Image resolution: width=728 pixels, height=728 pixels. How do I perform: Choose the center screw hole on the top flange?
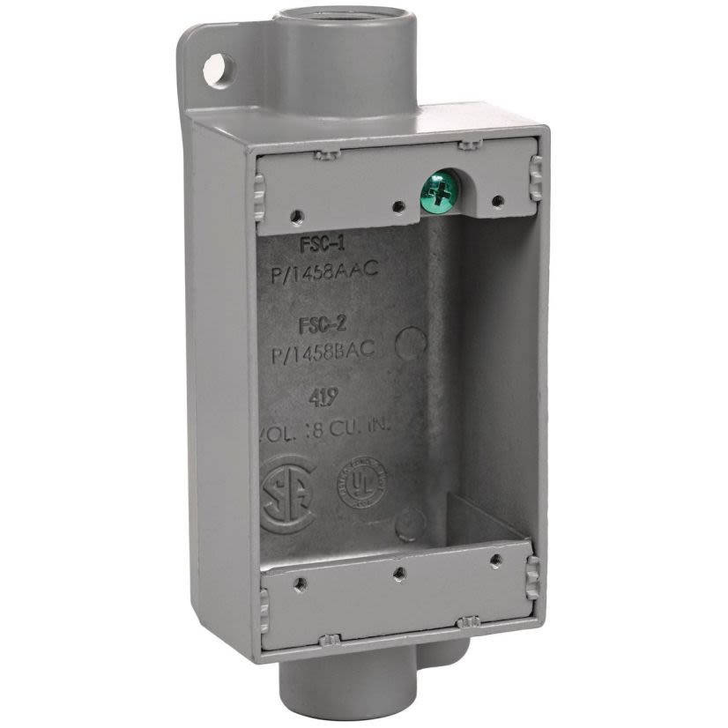(x=399, y=207)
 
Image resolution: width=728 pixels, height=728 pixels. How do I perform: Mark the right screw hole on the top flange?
(x=497, y=200)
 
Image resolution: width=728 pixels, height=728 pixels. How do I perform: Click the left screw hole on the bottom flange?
(x=301, y=581)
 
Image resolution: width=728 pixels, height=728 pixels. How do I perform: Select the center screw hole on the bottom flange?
(x=399, y=572)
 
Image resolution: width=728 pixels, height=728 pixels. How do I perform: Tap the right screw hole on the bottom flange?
(x=496, y=560)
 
